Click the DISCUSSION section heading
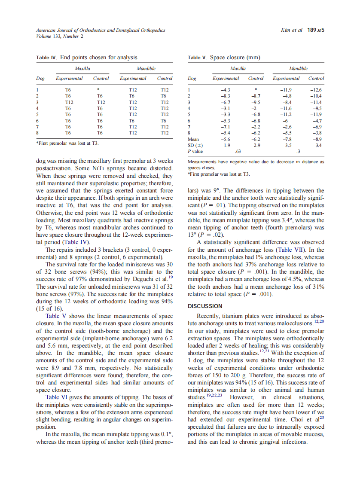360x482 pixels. point(205,306)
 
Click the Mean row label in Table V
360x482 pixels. point(193,140)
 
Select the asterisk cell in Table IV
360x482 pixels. point(99,90)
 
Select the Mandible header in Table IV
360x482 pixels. point(146,68)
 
